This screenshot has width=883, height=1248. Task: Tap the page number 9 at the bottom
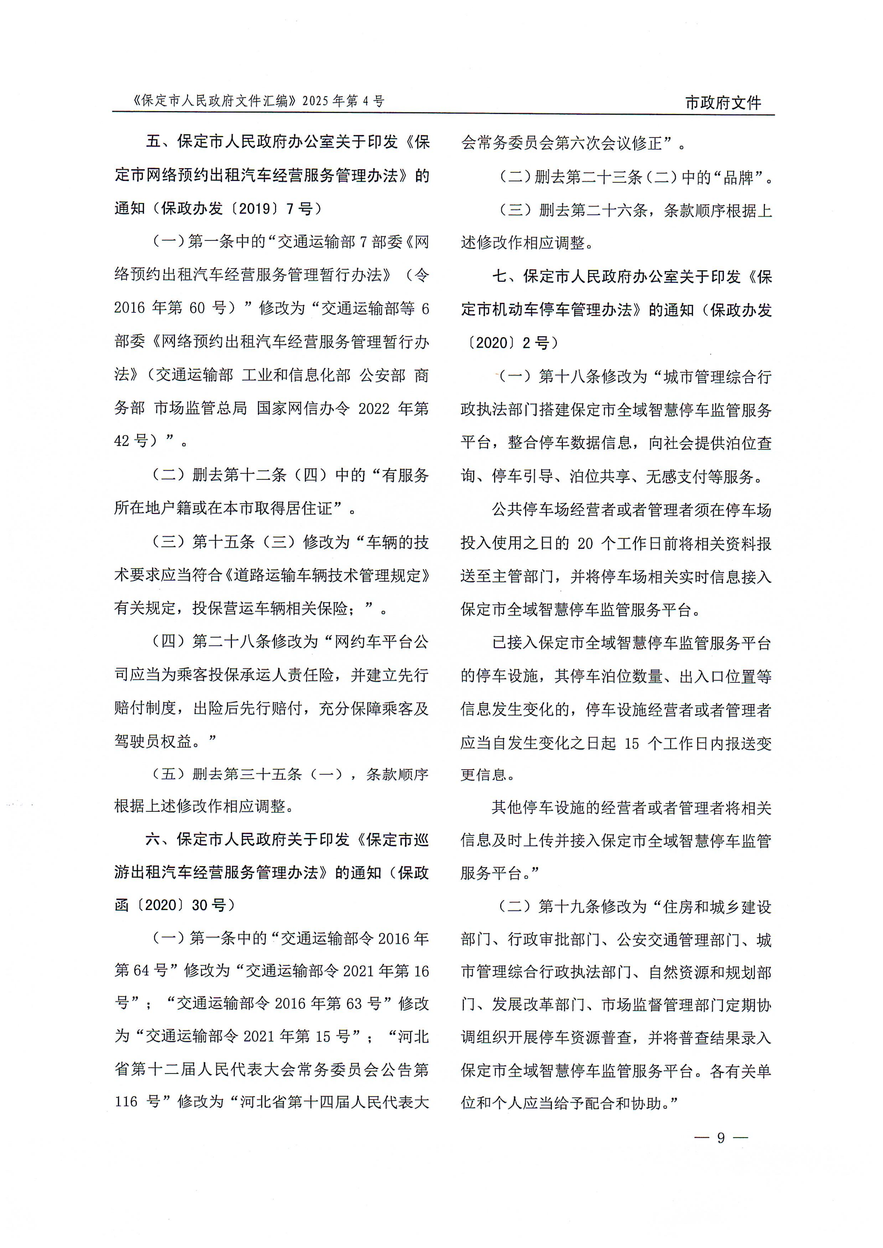point(721,1138)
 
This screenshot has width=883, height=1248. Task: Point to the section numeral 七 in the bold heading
point(500,277)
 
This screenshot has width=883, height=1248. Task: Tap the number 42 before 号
point(122,441)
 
